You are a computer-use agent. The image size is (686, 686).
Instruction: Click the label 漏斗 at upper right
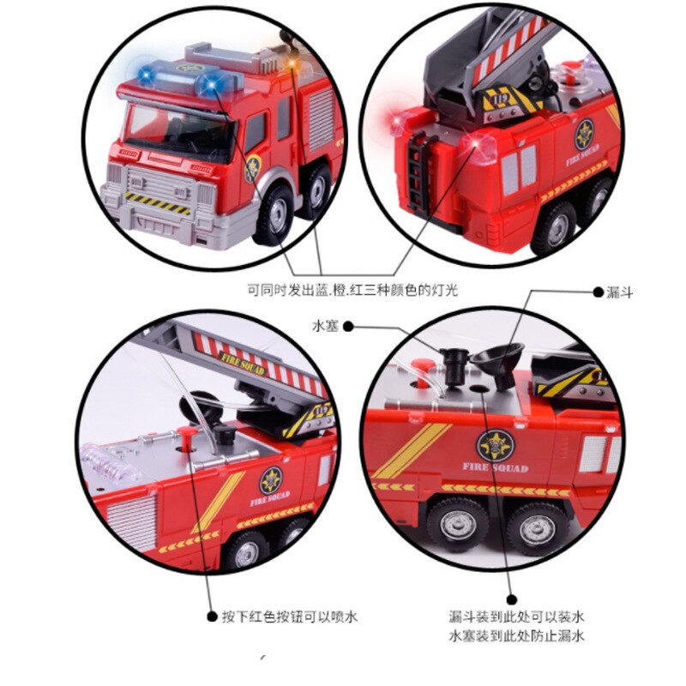click(x=619, y=292)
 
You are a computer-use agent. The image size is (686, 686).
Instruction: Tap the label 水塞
click(x=326, y=326)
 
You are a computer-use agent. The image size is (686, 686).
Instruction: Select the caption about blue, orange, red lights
click(x=352, y=290)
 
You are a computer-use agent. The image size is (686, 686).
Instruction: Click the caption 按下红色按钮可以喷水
click(x=290, y=617)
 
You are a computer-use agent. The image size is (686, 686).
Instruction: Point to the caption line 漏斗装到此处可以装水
click(x=517, y=617)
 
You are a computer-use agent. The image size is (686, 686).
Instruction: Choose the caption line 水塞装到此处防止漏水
click(x=517, y=635)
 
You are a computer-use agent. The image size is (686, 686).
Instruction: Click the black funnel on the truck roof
click(x=499, y=363)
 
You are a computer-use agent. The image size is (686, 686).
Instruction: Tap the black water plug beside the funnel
click(x=454, y=366)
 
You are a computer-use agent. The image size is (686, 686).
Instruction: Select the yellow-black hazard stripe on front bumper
click(x=158, y=203)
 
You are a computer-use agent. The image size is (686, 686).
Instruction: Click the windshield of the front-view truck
click(x=179, y=130)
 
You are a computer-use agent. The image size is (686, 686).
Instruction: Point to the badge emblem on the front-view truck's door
click(x=253, y=168)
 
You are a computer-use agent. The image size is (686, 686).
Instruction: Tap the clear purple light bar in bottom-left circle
click(x=111, y=461)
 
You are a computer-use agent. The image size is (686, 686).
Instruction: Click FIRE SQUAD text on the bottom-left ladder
click(x=244, y=364)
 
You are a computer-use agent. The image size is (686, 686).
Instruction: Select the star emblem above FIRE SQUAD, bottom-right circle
click(x=496, y=445)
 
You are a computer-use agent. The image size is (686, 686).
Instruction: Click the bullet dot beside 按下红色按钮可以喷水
click(x=212, y=617)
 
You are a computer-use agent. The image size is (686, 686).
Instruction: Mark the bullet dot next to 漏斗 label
click(x=598, y=292)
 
